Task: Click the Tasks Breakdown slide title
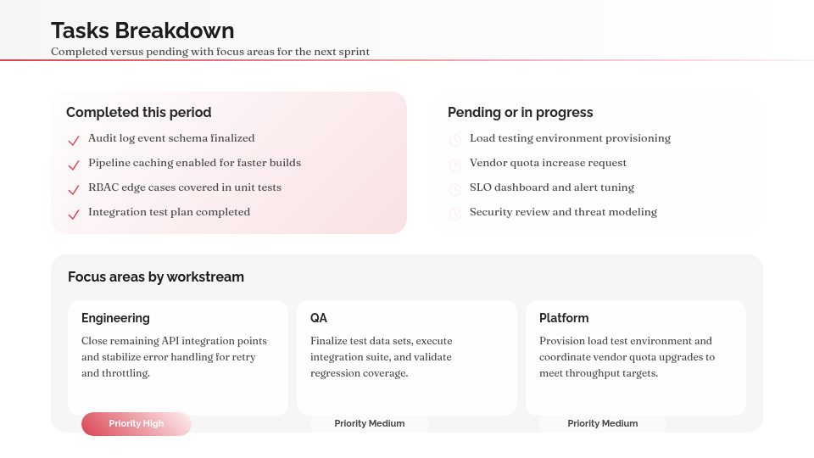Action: (x=142, y=31)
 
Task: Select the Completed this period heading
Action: (x=139, y=112)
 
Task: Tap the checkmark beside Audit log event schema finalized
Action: (x=74, y=139)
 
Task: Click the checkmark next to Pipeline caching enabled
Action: (x=74, y=164)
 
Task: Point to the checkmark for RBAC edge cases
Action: (x=74, y=188)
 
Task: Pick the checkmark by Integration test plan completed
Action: (x=74, y=213)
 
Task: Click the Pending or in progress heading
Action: (x=520, y=112)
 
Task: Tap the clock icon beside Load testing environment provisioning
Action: (x=455, y=139)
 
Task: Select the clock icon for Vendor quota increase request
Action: (x=455, y=164)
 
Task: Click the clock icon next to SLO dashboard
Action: (x=455, y=188)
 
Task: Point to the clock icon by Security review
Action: (x=455, y=213)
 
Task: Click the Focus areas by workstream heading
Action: (x=156, y=276)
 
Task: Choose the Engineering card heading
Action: (x=115, y=318)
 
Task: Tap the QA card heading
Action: (x=319, y=318)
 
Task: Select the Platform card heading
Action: (x=564, y=318)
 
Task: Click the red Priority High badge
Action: (x=137, y=423)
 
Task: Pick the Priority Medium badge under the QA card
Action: (x=369, y=423)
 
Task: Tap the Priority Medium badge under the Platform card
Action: (x=602, y=423)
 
